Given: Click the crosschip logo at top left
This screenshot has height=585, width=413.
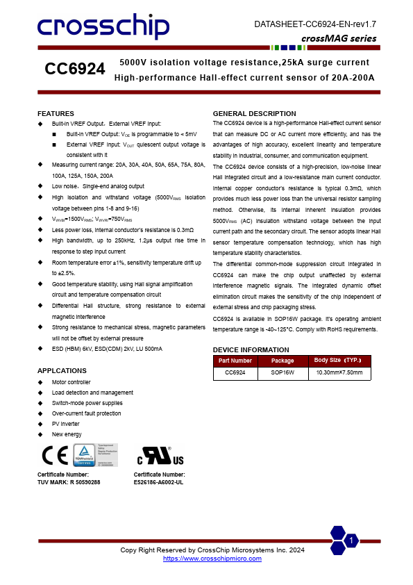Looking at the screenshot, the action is point(103,28).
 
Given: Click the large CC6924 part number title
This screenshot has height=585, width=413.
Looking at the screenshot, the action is point(75,69).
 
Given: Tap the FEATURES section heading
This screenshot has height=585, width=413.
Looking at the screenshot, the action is point(56,113).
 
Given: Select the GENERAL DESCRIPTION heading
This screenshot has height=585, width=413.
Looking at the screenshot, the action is point(254,113).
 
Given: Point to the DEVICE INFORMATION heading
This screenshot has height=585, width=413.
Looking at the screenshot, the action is point(251,349).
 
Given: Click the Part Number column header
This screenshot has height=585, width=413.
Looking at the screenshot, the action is point(235,361).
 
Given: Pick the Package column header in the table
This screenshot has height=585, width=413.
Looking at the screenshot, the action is point(283,361).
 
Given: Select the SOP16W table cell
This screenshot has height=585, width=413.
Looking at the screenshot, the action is point(283,373).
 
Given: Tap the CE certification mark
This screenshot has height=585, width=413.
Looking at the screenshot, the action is point(53,456).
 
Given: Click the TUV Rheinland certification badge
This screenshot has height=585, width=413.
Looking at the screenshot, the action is point(95,455).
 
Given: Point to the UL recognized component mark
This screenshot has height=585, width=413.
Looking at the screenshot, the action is point(160,456).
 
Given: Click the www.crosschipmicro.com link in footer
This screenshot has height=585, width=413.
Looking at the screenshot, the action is point(212,558).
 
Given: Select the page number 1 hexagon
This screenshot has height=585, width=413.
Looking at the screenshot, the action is point(352,541).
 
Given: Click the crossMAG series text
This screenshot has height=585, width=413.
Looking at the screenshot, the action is point(339,39).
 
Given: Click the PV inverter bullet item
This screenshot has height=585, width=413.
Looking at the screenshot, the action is point(65,424).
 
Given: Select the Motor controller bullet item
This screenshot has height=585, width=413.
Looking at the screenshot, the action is point(71,382).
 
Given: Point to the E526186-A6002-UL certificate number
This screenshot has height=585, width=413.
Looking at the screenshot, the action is point(158,481).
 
